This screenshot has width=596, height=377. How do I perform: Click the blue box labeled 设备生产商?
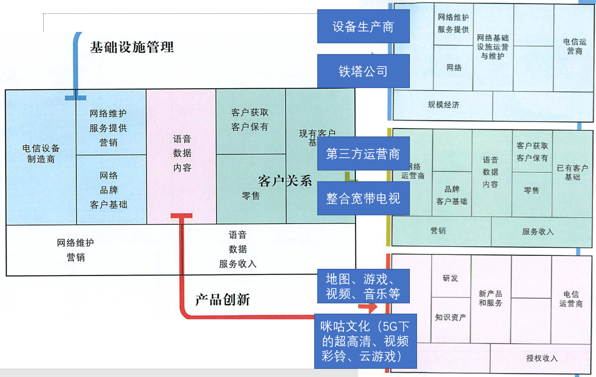pyautogui.click(x=363, y=26)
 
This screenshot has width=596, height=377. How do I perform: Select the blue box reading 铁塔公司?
pyautogui.click(x=363, y=71)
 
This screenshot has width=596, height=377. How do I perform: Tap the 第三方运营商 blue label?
pyautogui.click(x=363, y=153)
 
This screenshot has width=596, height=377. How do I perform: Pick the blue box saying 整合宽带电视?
pyautogui.click(x=363, y=198)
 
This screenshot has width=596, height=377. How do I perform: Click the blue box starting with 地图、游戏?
pyautogui.click(x=363, y=286)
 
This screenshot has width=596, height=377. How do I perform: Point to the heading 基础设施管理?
pyautogui.click(x=132, y=47)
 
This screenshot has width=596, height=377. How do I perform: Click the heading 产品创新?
pyautogui.click(x=223, y=300)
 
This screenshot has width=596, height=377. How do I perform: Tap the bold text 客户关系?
pyautogui.click(x=285, y=181)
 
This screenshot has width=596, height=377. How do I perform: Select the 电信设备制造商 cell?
pyautogui.click(x=41, y=153)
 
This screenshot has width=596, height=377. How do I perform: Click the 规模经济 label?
pyautogui.click(x=443, y=105)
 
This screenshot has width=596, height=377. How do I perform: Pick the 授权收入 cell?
pyautogui.click(x=541, y=358)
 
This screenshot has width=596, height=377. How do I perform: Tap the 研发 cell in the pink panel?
pyautogui.click(x=450, y=278)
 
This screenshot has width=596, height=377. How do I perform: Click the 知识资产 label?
pyautogui.click(x=450, y=317)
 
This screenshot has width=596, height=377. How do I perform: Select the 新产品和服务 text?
pyautogui.click(x=491, y=298)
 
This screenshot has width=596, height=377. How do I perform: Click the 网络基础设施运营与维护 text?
pyautogui.click(x=493, y=46)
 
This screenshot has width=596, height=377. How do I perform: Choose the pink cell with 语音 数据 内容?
pyautogui.click(x=182, y=153)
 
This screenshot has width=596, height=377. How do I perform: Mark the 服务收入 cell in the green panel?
pyautogui.click(x=537, y=232)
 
